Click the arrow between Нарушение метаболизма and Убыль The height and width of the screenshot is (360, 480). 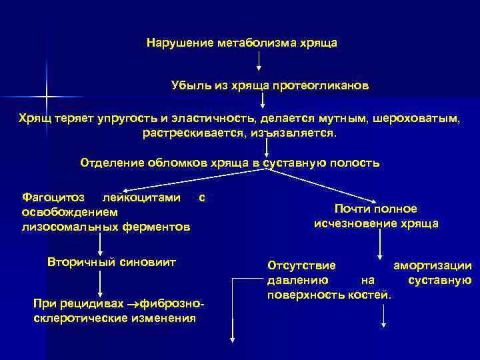tap(259, 63)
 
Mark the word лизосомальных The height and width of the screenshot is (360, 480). tap(62, 227)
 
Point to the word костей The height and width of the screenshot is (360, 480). tap(369, 293)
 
